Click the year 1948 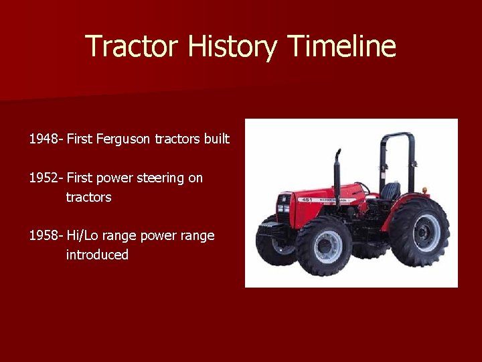pos(44,139)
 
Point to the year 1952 pos(44,178)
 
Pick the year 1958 pos(44,236)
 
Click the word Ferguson pos(124,139)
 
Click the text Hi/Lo pos(82,236)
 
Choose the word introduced pos(97,255)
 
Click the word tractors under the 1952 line pos(88,198)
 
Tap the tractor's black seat pos(390,191)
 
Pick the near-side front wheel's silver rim pos(325,245)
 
